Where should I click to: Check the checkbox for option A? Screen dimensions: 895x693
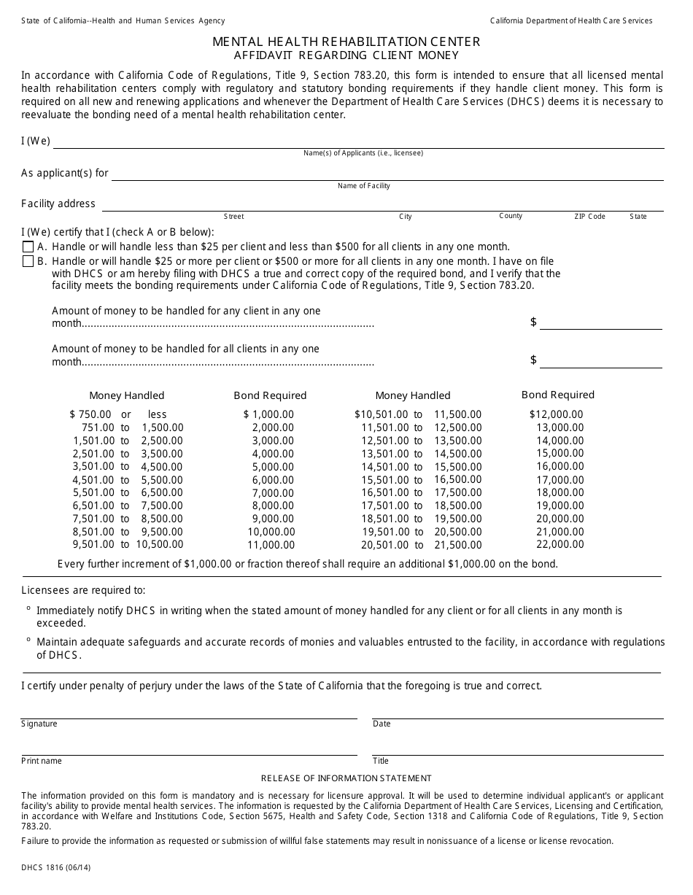pyautogui.click(x=28, y=247)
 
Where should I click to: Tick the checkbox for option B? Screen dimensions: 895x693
pyautogui.click(x=28, y=261)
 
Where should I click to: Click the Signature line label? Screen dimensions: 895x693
pyautogui.click(x=39, y=724)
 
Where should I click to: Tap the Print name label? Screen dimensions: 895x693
pyautogui.click(x=42, y=761)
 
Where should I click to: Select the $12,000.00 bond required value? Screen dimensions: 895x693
pyautogui.click(x=556, y=414)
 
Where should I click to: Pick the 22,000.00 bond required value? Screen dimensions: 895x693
pyautogui.click(x=560, y=544)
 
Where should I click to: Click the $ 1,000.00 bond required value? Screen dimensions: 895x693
pyautogui.click(x=268, y=414)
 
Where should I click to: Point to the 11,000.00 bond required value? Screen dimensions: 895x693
pyautogui.click(x=271, y=545)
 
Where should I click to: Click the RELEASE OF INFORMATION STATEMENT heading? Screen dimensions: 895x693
pyautogui.click(x=346, y=778)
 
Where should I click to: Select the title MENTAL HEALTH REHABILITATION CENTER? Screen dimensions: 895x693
pyautogui.click(x=346, y=42)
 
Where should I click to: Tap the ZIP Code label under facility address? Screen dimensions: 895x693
pyautogui.click(x=589, y=217)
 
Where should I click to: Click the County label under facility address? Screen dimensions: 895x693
pyautogui.click(x=511, y=216)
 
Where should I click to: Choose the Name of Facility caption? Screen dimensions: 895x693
pyautogui.click(x=363, y=186)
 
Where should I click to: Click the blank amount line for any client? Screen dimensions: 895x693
pyautogui.click(x=600, y=323)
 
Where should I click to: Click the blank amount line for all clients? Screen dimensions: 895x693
pyautogui.click(x=600, y=361)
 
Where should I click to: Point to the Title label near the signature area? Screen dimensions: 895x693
pyautogui.click(x=381, y=761)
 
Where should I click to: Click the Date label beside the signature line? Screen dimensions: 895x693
pyautogui.click(x=382, y=724)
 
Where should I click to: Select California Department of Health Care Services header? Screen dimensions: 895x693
pyautogui.click(x=571, y=21)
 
